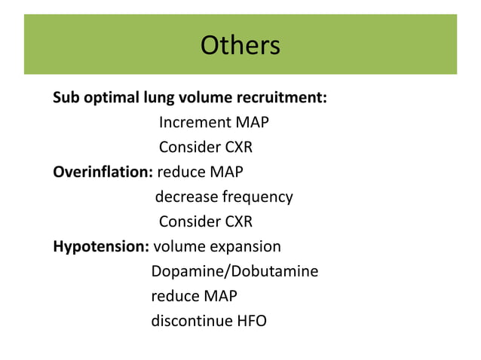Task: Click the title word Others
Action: click(240, 46)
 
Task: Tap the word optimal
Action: click(111, 98)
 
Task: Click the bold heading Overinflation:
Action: click(103, 172)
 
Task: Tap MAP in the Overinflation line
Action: click(226, 172)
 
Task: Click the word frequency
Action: click(257, 197)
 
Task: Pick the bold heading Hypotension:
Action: click(101, 246)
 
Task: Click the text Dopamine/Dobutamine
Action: click(234, 271)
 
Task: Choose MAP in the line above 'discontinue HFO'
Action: click(220, 296)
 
